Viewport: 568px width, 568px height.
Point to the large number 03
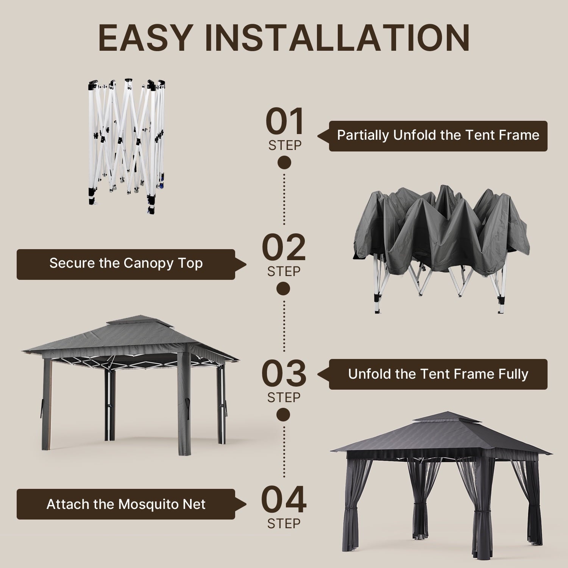tap(284, 373)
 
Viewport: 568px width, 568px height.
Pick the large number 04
tap(284, 499)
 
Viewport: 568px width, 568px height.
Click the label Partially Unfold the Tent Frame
tap(438, 136)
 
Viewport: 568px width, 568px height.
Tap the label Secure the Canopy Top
tap(126, 264)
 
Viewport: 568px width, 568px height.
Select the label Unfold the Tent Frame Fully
tap(438, 374)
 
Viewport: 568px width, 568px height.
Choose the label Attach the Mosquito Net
tap(126, 504)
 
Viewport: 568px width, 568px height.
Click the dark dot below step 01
tap(284, 162)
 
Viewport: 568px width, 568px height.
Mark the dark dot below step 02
tap(283, 289)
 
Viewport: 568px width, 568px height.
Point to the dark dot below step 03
tap(283, 415)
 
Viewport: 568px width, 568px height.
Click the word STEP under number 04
tap(284, 523)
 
